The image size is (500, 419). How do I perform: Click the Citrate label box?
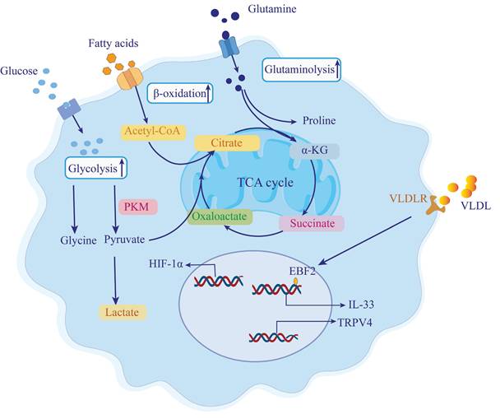[x=226, y=143]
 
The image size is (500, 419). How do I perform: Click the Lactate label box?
[x=121, y=312]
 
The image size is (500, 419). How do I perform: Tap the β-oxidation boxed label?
[x=181, y=93]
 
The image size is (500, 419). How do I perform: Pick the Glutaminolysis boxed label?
[x=302, y=71]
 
